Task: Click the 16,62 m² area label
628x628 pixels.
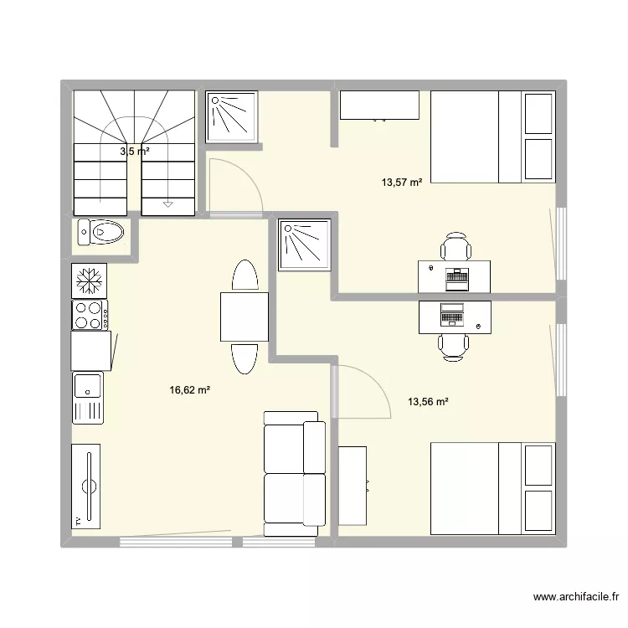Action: pyautogui.click(x=189, y=389)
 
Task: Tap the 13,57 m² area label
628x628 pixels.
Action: pyautogui.click(x=402, y=182)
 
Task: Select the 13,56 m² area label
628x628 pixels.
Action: pyautogui.click(x=428, y=401)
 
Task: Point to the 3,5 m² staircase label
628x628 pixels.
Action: pyautogui.click(x=134, y=152)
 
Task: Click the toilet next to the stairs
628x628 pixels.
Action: pyautogui.click(x=101, y=231)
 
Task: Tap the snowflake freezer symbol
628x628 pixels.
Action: pyautogui.click(x=86, y=281)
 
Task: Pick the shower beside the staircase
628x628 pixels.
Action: pyautogui.click(x=232, y=116)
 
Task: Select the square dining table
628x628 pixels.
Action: pyautogui.click(x=244, y=317)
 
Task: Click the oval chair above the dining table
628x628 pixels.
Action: pyautogui.click(x=245, y=275)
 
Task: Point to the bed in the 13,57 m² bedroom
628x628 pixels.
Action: pyautogui.click(x=492, y=136)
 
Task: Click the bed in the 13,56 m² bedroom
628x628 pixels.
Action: pyautogui.click(x=492, y=488)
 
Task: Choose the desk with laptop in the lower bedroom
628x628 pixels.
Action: pyautogui.click(x=455, y=317)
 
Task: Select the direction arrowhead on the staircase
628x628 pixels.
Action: pyautogui.click(x=168, y=203)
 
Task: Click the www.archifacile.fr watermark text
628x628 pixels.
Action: pyautogui.click(x=575, y=597)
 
